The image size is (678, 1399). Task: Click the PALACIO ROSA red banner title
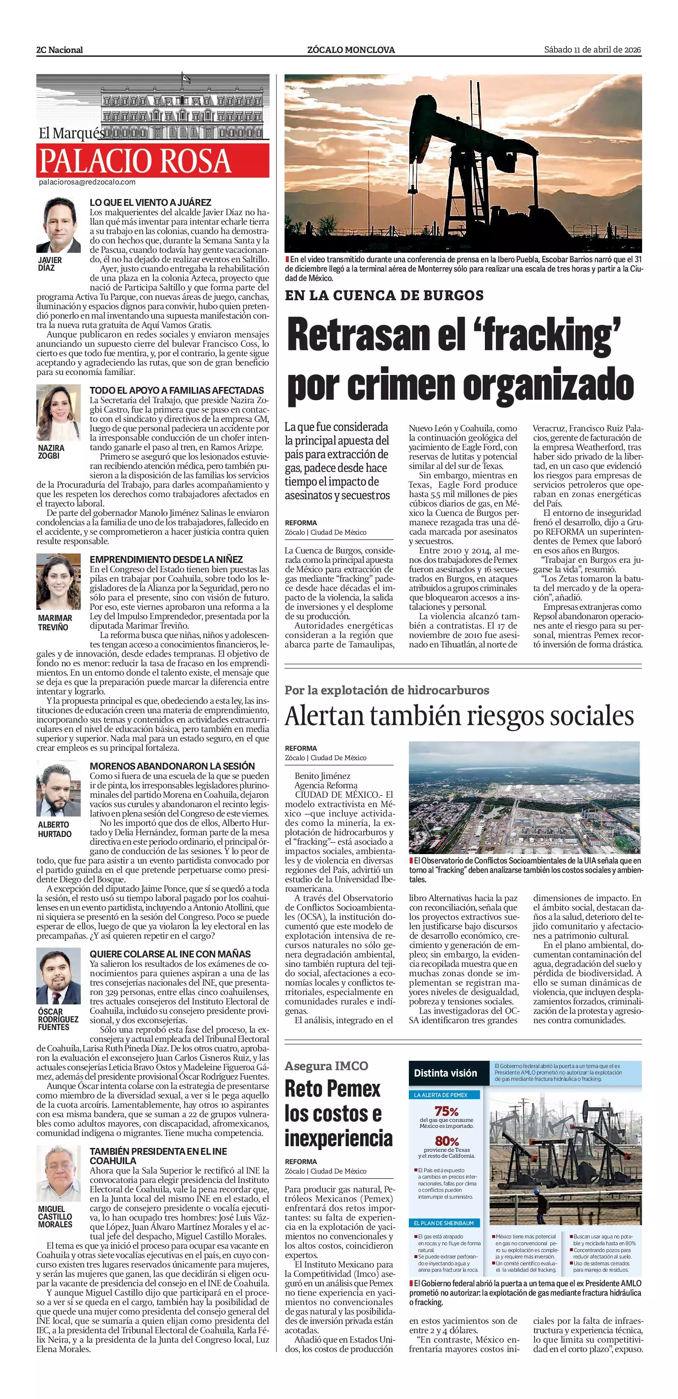tap(135, 161)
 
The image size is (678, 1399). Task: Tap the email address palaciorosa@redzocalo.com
tap(87, 182)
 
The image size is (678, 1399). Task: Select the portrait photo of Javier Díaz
tap(59, 225)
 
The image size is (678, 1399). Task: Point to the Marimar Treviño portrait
tap(59, 582)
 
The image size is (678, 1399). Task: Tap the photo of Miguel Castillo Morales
tap(59, 1178)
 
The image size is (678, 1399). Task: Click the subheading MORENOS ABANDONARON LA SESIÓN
tap(172, 766)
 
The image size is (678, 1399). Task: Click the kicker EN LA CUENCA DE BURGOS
tap(384, 296)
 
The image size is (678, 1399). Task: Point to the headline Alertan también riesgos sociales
tap(459, 716)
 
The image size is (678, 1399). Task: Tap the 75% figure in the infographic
tap(446, 1111)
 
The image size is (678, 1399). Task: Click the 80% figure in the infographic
tap(446, 1141)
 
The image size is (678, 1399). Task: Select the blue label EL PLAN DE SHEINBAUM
tap(443, 1223)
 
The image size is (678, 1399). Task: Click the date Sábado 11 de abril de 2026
tap(592, 50)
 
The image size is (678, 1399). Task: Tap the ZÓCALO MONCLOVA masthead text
tap(351, 50)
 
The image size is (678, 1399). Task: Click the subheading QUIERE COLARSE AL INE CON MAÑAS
tap(170, 954)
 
